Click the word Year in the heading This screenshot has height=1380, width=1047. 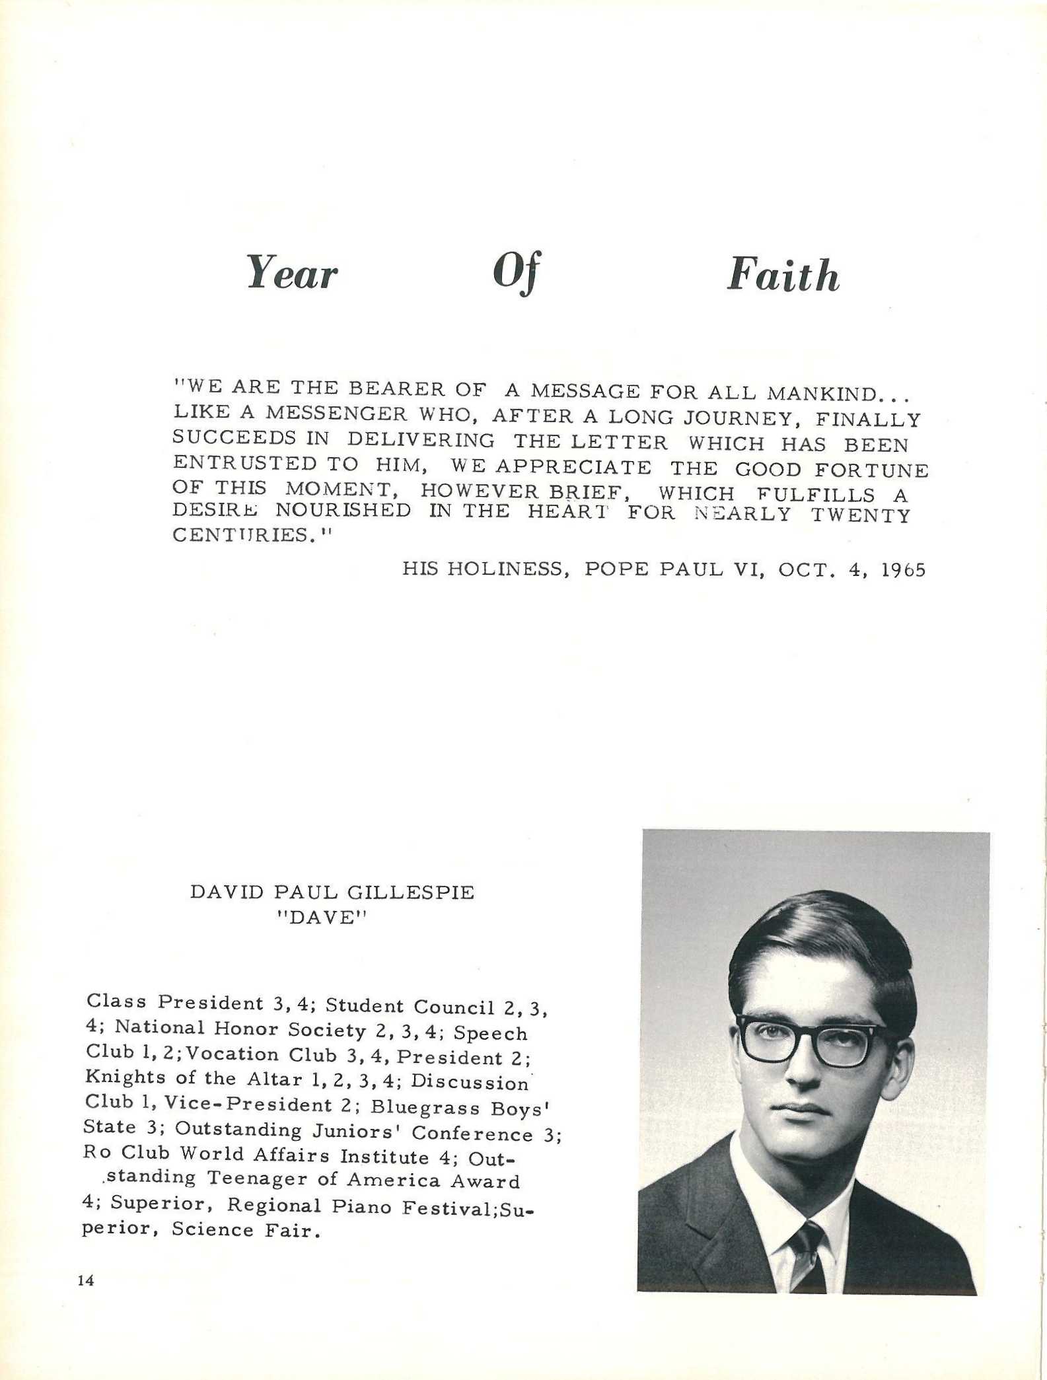(291, 273)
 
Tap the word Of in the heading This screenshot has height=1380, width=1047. (517, 272)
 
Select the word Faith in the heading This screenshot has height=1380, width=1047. (783, 275)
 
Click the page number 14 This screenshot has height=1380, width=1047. (86, 1280)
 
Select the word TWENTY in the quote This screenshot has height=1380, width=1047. (861, 515)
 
